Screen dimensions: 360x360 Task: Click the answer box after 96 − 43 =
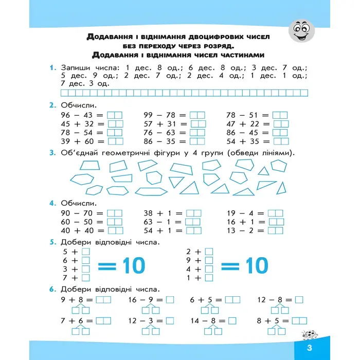(115, 115)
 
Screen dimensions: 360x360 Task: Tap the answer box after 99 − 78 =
(197, 115)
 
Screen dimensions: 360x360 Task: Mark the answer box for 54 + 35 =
(280, 141)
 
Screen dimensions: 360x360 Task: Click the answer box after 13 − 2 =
(276, 230)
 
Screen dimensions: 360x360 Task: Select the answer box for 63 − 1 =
(193, 222)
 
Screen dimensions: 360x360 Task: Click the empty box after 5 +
(85, 251)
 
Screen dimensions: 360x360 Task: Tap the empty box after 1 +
(209, 278)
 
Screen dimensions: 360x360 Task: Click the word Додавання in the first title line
(108, 37)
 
